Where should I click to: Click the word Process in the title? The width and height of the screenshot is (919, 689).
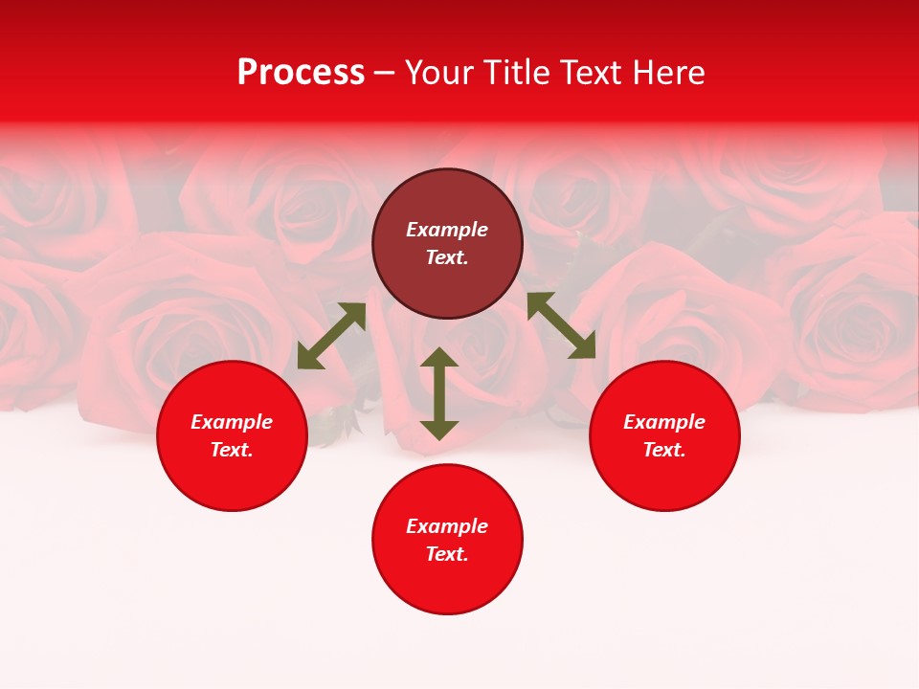click(301, 73)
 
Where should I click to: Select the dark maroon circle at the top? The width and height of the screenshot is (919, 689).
click(447, 191)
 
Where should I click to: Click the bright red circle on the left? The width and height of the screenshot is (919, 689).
click(232, 478)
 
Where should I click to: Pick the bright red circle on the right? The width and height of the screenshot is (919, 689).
click(664, 478)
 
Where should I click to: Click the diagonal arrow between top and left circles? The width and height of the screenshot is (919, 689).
click(331, 336)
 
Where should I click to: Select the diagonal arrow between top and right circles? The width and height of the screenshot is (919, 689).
click(561, 325)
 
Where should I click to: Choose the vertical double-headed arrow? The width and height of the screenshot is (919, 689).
click(438, 393)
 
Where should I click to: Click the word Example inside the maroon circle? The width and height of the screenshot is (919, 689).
click(447, 230)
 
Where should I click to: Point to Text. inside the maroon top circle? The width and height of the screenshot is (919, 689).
click(447, 258)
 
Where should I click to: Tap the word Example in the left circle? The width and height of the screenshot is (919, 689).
click(232, 422)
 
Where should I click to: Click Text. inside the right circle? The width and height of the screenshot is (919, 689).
click(664, 450)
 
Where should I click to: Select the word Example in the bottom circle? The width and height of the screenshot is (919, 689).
click(447, 526)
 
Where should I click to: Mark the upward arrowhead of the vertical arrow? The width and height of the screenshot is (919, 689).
click(438, 358)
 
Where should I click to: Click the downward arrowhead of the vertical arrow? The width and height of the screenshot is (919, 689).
click(438, 430)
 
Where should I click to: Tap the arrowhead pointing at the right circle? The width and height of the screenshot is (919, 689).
click(583, 347)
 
